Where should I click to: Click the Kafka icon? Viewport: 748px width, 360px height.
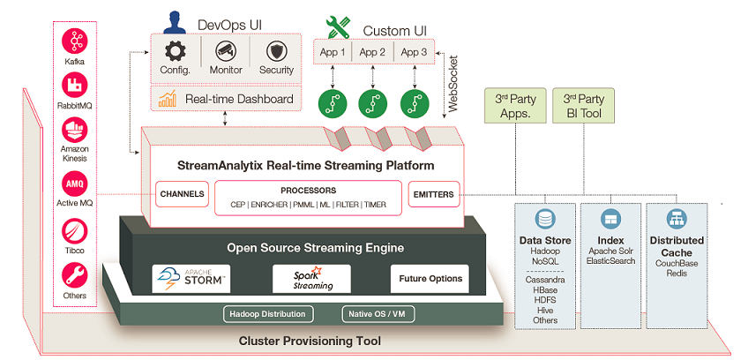(75, 41)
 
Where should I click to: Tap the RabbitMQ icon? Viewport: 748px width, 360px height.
(75, 86)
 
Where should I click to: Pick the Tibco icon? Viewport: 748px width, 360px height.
(75, 231)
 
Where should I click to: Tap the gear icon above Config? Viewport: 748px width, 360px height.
(176, 50)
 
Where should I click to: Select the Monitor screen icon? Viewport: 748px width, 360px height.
(227, 50)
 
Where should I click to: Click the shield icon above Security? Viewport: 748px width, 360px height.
(276, 50)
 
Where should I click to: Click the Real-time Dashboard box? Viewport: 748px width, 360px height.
(226, 99)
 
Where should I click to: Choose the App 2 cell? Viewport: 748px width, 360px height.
(372, 52)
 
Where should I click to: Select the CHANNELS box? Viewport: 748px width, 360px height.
(183, 193)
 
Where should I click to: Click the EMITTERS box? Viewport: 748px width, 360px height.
(431, 193)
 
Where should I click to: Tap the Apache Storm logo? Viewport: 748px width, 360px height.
(191, 277)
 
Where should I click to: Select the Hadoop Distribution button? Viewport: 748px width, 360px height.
(267, 314)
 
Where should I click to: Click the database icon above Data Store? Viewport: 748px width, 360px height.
(545, 219)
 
